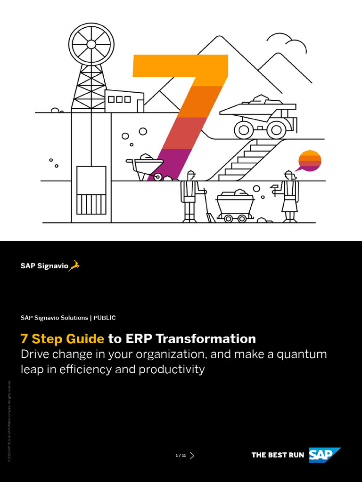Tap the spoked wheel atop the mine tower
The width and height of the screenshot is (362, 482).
[91, 44]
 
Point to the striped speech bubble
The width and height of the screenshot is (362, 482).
[309, 161]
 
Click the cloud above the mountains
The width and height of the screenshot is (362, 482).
[287, 42]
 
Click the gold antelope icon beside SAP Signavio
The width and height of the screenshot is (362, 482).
[74, 266]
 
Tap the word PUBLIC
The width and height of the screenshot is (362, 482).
[105, 318]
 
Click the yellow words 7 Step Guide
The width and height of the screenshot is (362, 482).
[62, 338]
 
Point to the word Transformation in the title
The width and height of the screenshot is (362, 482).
[206, 338]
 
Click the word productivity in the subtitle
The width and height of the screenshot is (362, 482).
[172, 369]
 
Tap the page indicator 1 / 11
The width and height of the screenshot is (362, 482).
[181, 455]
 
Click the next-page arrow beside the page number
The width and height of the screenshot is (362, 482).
[192, 455]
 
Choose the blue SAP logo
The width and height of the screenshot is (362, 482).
[324, 455]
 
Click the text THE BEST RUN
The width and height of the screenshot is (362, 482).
[278, 455]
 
